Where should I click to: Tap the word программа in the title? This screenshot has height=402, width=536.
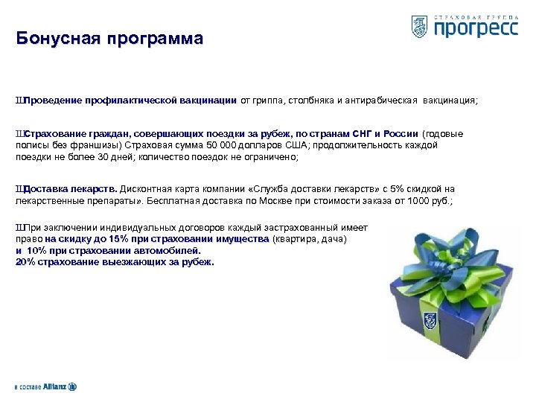point(153,39)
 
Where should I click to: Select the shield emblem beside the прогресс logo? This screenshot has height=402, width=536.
point(419,26)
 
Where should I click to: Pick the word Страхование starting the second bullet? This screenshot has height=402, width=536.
point(55,134)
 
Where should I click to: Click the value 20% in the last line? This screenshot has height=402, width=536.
point(24,262)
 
